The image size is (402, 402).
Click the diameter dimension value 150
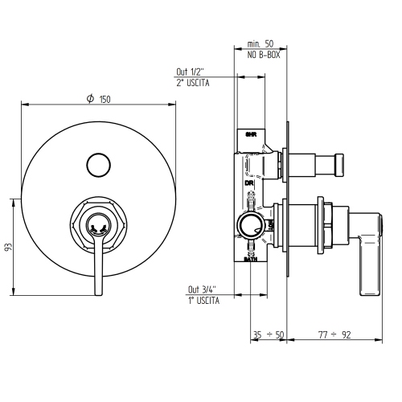point(104,99)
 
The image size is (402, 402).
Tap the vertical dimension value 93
point(7,248)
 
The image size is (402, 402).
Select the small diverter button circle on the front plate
point(97,163)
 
